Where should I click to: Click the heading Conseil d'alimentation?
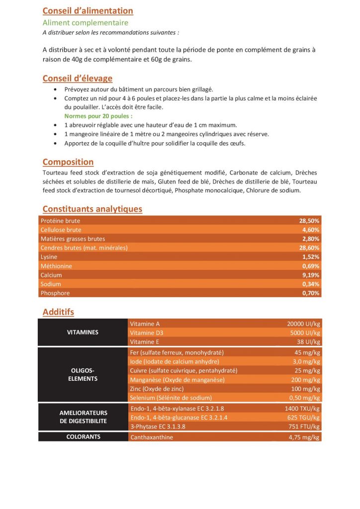88,11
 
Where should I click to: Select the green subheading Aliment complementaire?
86,23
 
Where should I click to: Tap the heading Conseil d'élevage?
77,78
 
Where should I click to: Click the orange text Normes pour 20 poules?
92,116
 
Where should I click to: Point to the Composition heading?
68,162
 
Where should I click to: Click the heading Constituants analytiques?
92,209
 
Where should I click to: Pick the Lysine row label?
49,257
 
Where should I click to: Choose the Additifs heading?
58,312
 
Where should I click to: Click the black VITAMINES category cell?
83,332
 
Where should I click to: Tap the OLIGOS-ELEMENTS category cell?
83,375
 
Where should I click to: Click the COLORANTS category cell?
83,437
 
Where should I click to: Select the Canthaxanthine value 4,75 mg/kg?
304,438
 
